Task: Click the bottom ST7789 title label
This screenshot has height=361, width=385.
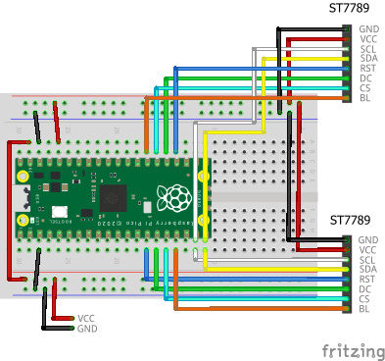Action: pyautogui.click(x=350, y=220)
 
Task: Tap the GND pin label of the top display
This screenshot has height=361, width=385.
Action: pyautogui.click(x=369, y=29)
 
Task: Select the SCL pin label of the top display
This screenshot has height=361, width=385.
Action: pyautogui.click(x=368, y=49)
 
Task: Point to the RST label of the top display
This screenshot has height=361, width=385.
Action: pyautogui.click(x=368, y=68)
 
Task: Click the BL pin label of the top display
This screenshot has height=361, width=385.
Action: pyautogui.click(x=365, y=97)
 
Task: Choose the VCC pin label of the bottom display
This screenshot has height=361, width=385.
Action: pyautogui.click(x=367, y=250)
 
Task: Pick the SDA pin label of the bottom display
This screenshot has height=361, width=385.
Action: pyautogui.click(x=367, y=270)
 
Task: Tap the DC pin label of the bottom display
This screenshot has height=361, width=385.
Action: pyautogui.click(x=365, y=289)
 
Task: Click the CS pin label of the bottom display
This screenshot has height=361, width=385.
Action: pyautogui.click(x=365, y=299)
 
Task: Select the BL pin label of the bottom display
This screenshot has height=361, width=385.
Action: pyautogui.click(x=364, y=309)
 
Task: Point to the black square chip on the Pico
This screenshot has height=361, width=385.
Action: pyautogui.click(x=113, y=196)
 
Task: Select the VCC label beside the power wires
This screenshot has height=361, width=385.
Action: pyautogui.click(x=86, y=318)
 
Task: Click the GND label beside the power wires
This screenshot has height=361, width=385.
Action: pyautogui.click(x=86, y=329)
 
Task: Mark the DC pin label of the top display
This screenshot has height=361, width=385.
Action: pyautogui.click(x=365, y=77)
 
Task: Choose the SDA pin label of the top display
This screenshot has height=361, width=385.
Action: pyautogui.click(x=368, y=58)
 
